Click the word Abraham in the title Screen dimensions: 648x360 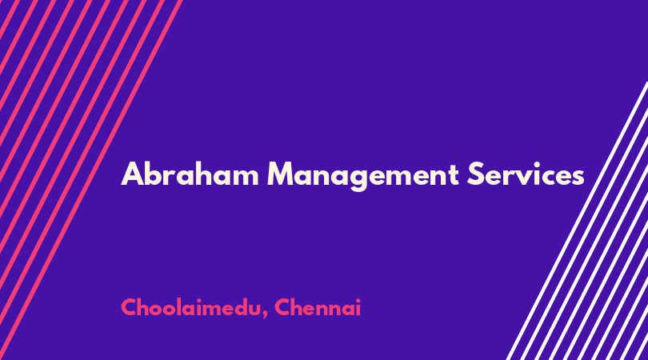pyautogui.click(x=190, y=174)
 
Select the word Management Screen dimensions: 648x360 pyautogui.click(x=363, y=176)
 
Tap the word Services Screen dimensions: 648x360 pyautogui.click(x=526, y=174)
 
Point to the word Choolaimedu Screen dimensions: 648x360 pyautogui.click(x=190, y=308)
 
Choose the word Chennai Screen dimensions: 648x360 pyautogui.click(x=318, y=307)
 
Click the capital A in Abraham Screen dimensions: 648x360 pyautogui.click(x=132, y=174)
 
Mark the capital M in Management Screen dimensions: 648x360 pyautogui.click(x=282, y=174)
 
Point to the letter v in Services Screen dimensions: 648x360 pyautogui.click(x=528, y=178)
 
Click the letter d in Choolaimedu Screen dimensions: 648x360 pyautogui.click(x=233, y=308)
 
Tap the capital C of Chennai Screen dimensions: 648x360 pyautogui.click(x=283, y=307)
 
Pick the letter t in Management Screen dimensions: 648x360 pyautogui.click(x=453, y=175)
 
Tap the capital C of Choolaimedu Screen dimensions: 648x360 pyautogui.click(x=130, y=307)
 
